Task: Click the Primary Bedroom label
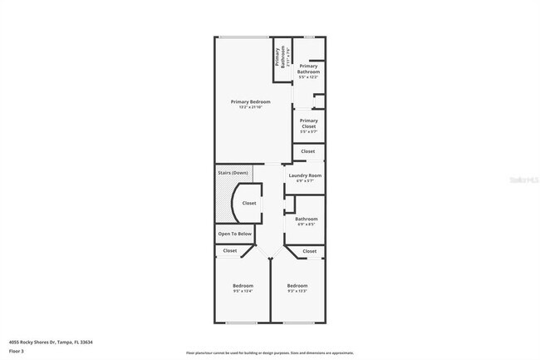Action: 250,101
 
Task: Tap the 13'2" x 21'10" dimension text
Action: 250,106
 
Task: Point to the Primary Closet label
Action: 308,123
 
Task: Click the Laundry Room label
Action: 304,176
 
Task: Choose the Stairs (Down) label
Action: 233,173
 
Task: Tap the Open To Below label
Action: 235,234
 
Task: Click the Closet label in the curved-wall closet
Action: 249,203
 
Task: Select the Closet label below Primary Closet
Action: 307,151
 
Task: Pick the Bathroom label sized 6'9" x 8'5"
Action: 307,219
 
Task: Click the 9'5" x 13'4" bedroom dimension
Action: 243,291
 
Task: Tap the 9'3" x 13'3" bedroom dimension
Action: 297,291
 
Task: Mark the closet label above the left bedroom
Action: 230,250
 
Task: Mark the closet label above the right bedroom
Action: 309,250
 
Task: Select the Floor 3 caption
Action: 16,352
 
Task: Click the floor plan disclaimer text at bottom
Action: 270,353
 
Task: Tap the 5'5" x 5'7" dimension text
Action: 308,131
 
